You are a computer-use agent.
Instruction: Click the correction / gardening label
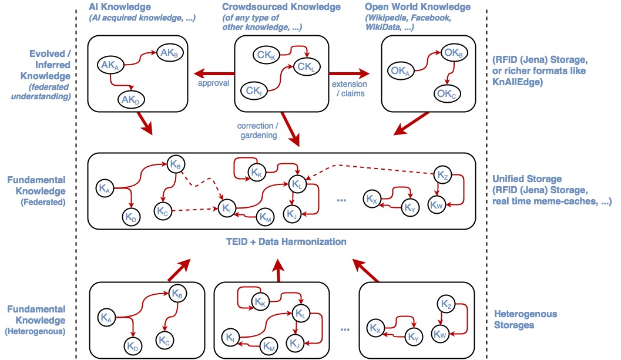click(x=256, y=131)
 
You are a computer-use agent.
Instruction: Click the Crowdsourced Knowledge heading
click(x=281, y=7)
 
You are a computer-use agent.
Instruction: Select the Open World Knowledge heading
click(x=418, y=7)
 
